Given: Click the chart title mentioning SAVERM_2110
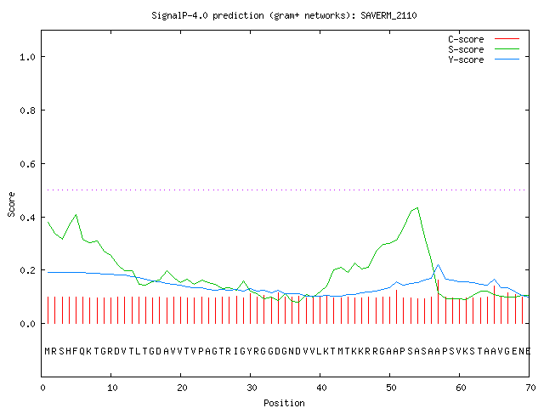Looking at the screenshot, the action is pyautogui.click(x=284, y=15).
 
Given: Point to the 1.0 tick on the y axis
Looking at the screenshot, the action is pyautogui.click(x=27, y=57).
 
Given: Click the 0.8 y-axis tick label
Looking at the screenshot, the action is pyautogui.click(x=27, y=110).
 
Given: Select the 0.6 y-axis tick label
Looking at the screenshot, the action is pyautogui.click(x=27, y=164).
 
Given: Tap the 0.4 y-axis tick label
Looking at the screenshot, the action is pyautogui.click(x=27, y=218).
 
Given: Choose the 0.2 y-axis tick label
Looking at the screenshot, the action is pyautogui.click(x=27, y=270).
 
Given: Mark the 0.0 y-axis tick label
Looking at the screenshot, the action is pyautogui.click(x=27, y=324).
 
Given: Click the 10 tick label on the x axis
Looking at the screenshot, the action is pyautogui.click(x=112, y=388).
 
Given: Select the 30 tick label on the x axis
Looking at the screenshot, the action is pyautogui.click(x=252, y=388).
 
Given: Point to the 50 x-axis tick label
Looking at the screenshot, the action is pyautogui.click(x=391, y=388).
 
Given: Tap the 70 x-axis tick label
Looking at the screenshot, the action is pyautogui.click(x=530, y=388).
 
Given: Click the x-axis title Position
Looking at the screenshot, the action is pyautogui.click(x=284, y=403).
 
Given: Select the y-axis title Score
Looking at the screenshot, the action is pyautogui.click(x=11, y=204).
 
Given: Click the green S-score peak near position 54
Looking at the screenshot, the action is pyautogui.click(x=417, y=207).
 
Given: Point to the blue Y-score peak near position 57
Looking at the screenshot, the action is pyautogui.click(x=439, y=264).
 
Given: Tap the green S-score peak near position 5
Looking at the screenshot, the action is pyautogui.click(x=76, y=215).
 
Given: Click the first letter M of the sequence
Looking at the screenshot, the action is pyautogui.click(x=48, y=351).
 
